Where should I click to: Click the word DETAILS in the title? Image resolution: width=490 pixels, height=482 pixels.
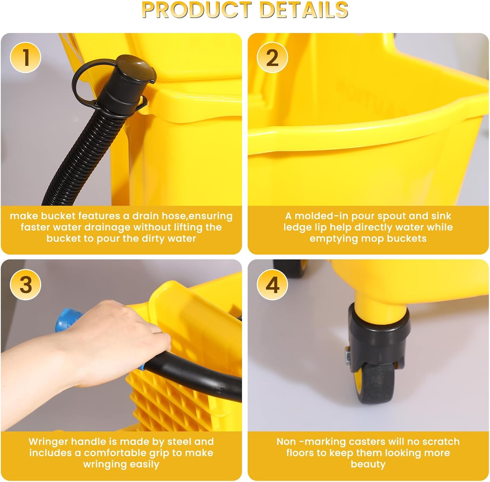304,10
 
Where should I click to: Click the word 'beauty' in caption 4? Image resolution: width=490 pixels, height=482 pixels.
368,464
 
